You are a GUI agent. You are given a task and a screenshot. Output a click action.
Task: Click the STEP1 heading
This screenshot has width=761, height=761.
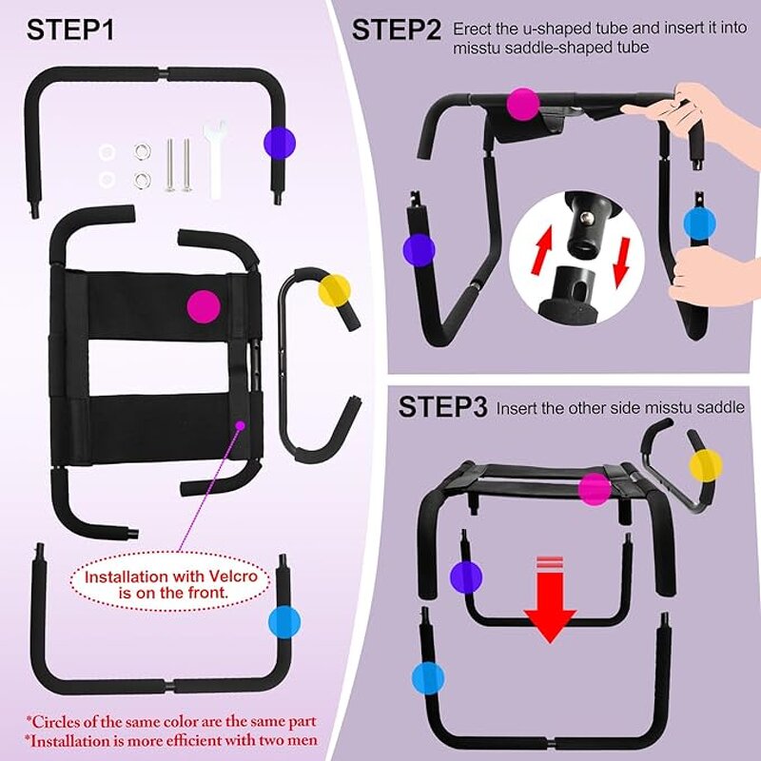[70, 30]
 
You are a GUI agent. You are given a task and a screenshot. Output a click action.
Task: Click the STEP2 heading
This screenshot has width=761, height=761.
[396, 30]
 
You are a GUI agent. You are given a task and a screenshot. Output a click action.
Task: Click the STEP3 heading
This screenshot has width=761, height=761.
[442, 407]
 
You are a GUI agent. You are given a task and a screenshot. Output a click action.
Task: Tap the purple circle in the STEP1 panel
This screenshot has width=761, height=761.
[280, 144]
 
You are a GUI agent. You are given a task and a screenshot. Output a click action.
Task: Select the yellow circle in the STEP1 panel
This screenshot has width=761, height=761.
[335, 291]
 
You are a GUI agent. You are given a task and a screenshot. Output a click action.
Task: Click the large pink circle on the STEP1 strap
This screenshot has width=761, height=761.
[204, 306]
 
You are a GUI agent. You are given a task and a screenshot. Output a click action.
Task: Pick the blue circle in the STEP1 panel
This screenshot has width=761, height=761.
[284, 622]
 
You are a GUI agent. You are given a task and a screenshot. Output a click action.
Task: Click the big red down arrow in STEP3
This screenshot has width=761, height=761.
[550, 600]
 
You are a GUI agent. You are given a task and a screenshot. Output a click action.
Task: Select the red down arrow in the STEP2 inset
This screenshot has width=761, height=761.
[621, 262]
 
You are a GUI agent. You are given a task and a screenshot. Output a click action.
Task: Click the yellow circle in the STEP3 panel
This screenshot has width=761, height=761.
[706, 465]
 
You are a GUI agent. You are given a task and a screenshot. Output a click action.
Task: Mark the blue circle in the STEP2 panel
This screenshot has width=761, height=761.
[700, 224]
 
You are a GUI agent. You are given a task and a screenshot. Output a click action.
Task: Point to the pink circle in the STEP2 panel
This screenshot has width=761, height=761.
[523, 104]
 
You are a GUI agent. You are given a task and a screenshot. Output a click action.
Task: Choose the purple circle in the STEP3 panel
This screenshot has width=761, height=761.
[466, 577]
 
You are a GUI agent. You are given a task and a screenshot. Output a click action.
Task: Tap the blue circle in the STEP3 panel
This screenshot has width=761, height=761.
[428, 678]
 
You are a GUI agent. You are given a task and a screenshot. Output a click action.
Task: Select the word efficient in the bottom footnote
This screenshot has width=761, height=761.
[194, 741]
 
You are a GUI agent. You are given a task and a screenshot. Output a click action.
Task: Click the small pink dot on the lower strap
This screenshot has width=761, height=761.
[240, 425]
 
